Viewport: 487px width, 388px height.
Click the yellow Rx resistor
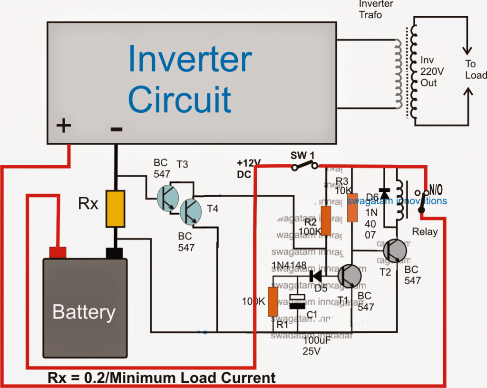click(x=115, y=209)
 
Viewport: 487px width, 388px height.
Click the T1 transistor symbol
click(x=350, y=276)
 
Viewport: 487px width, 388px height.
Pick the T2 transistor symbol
click(x=395, y=250)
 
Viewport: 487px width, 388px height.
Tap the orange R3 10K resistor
click(x=352, y=207)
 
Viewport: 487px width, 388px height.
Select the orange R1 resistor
click(x=273, y=301)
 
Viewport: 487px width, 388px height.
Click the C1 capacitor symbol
click(x=298, y=302)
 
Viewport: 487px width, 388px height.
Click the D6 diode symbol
click(x=385, y=193)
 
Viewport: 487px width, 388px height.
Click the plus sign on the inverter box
click(x=63, y=126)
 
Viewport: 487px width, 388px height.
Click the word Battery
click(x=84, y=312)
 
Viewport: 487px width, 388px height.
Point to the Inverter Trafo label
click(x=376, y=9)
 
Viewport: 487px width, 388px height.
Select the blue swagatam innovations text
click(x=397, y=201)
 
